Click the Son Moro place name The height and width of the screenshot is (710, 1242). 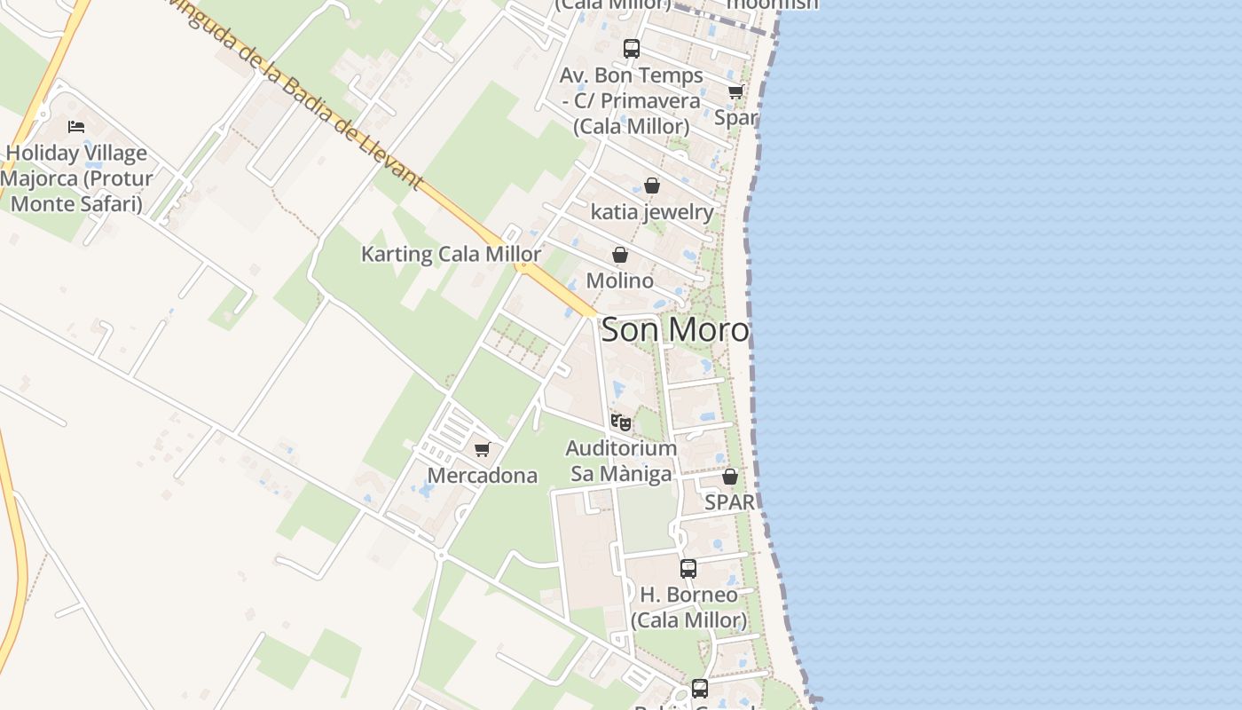(x=675, y=330)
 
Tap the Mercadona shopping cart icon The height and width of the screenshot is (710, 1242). (x=482, y=449)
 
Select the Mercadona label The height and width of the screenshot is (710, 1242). (x=483, y=476)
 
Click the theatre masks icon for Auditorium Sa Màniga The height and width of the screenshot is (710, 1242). (x=620, y=422)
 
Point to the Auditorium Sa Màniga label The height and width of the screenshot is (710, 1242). (x=621, y=461)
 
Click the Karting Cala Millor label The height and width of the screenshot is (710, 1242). (x=451, y=254)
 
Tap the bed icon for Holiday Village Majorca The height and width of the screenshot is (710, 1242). (x=76, y=126)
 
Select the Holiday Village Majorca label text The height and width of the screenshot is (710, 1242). (x=76, y=178)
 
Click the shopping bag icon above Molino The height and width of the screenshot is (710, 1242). (x=620, y=255)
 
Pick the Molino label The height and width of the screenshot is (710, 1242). (x=620, y=280)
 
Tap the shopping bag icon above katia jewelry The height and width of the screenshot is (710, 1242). (x=652, y=185)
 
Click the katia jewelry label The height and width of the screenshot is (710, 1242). (x=652, y=212)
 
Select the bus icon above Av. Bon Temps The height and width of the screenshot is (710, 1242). (x=632, y=49)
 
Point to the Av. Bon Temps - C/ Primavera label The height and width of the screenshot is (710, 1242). (x=632, y=100)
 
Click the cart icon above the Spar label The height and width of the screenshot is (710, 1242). (x=735, y=91)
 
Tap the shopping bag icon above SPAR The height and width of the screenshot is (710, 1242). (x=730, y=477)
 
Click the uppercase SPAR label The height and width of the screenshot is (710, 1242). (x=730, y=502)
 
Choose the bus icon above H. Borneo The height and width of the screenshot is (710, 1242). (x=688, y=569)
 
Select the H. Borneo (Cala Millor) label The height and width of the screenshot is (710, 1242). (x=689, y=607)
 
